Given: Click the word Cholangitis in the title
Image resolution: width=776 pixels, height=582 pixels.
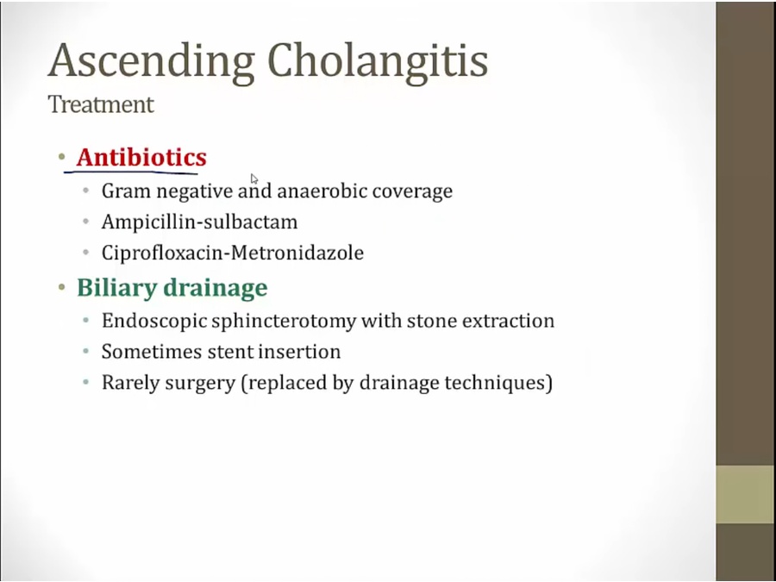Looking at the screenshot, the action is point(378,59).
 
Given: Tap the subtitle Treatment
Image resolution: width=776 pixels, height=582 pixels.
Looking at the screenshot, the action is point(101,104).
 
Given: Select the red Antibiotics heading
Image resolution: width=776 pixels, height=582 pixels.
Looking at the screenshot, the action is point(141,157).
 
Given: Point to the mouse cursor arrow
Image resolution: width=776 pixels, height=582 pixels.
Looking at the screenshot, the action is point(253,178).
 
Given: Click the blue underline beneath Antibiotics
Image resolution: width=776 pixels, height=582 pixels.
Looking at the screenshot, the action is point(131,172).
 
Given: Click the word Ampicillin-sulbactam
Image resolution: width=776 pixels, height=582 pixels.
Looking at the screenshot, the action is point(199,222).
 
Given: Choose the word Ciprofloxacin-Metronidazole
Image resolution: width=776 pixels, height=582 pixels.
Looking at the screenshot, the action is point(233,253).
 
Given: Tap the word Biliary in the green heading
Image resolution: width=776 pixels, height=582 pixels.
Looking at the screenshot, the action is point(116,288).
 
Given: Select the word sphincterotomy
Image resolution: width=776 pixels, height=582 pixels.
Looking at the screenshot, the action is point(284,322).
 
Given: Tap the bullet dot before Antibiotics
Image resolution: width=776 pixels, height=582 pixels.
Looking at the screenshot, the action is point(62,158).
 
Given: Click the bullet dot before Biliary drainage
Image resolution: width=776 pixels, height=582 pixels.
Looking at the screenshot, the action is point(62,287).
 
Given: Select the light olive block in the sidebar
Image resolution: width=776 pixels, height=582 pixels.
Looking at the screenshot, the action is point(746,494).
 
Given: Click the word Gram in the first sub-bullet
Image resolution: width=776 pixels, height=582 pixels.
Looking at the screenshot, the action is point(126,191).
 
